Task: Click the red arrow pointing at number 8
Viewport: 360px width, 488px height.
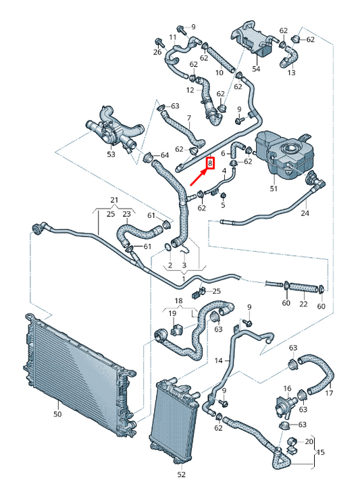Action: (198, 178)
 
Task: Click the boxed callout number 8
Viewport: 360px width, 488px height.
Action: (211, 163)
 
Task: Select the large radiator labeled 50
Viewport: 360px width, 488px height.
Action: (80, 373)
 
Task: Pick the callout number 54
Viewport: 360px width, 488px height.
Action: (256, 68)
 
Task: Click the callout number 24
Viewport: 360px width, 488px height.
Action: (305, 213)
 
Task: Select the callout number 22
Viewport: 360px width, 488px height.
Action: (303, 304)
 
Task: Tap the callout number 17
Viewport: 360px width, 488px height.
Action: (329, 393)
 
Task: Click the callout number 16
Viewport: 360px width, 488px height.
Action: (287, 388)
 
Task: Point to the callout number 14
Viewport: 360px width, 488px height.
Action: (219, 360)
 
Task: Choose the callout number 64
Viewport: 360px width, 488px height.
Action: (164, 155)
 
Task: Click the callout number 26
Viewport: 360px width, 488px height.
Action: (157, 52)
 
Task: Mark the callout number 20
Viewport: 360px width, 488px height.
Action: (309, 441)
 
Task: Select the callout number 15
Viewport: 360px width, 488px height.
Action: (320, 452)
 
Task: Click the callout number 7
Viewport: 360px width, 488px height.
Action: (188, 118)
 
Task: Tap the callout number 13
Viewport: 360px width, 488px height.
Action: (291, 72)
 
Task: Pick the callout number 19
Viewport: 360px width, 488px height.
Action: (172, 313)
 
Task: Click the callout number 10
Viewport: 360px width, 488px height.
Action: (220, 72)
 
